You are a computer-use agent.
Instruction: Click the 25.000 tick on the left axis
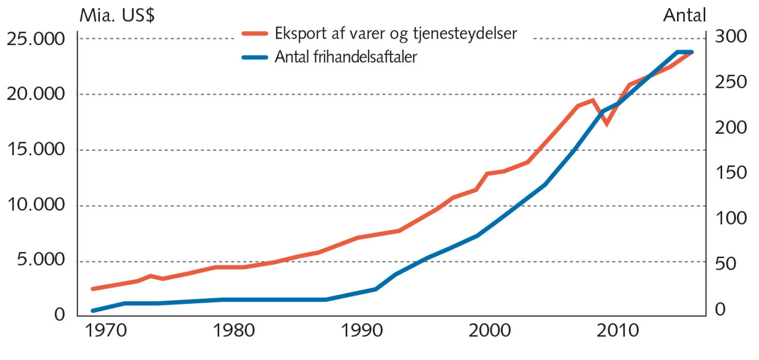[36, 39]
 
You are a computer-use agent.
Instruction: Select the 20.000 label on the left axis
[36, 94]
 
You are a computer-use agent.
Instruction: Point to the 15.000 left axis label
[36, 149]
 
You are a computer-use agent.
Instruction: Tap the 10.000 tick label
[36, 205]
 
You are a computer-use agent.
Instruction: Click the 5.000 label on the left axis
[41, 260]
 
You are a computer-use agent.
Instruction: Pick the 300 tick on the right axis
[731, 36]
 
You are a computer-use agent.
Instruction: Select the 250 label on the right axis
[731, 82]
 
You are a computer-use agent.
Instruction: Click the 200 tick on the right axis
[731, 128]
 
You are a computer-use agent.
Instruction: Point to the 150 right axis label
[731, 173]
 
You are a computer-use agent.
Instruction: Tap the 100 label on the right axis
[731, 218]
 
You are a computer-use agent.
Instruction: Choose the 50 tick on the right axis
[725, 264]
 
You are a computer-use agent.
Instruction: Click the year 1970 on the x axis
[106, 330]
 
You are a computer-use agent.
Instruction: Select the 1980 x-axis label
[233, 330]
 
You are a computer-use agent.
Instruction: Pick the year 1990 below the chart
[362, 330]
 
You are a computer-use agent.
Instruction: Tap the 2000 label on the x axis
[490, 330]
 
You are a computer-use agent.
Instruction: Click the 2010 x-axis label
[617, 330]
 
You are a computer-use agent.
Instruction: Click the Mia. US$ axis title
[117, 16]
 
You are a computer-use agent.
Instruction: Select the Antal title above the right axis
[684, 16]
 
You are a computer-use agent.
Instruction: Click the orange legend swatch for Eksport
[255, 33]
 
